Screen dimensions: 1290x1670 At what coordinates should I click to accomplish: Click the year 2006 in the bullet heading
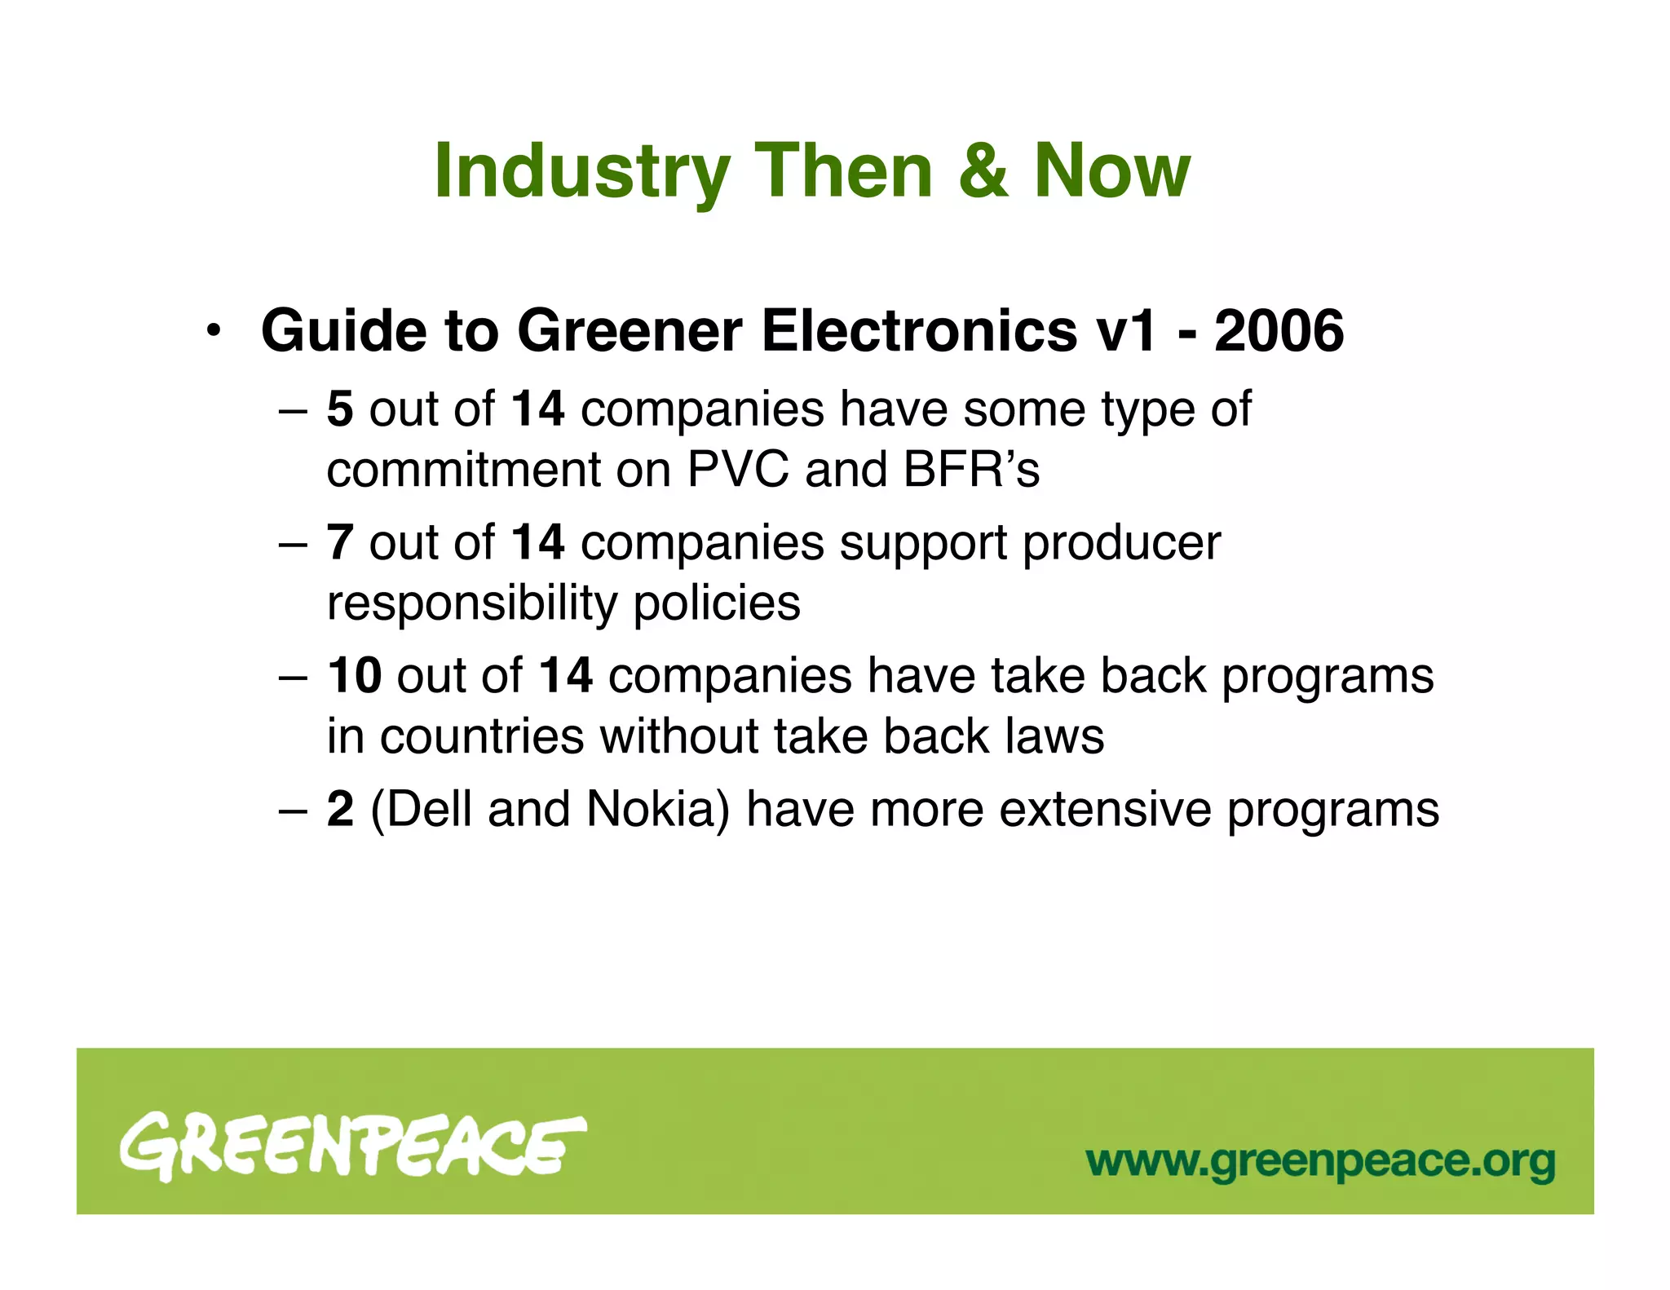pyautogui.click(x=1279, y=331)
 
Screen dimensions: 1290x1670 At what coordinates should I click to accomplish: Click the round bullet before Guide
pyautogui.click(x=214, y=332)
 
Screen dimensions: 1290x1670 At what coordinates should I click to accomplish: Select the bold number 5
pyautogui.click(x=340, y=409)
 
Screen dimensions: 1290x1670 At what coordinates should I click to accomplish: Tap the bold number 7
pyautogui.click(x=340, y=542)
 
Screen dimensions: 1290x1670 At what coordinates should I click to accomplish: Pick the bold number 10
pyautogui.click(x=354, y=676)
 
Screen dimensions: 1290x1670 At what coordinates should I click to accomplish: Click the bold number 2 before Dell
pyautogui.click(x=340, y=809)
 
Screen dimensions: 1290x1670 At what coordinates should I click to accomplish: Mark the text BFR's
pyautogui.click(x=971, y=470)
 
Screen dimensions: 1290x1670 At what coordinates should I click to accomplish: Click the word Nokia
pyautogui.click(x=657, y=809)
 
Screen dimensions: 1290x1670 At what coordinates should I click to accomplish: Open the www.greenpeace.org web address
pyautogui.click(x=1320, y=1161)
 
